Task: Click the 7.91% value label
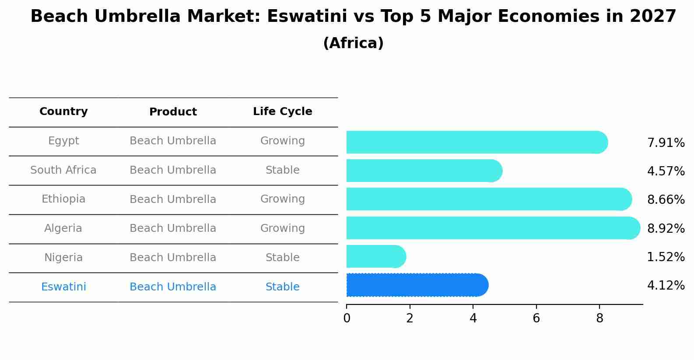point(666,143)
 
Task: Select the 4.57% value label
point(666,171)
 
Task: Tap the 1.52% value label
point(666,257)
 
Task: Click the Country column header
point(63,112)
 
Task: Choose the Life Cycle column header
point(282,112)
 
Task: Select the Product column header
point(173,112)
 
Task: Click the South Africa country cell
point(63,170)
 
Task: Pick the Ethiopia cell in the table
point(63,199)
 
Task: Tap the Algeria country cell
point(63,228)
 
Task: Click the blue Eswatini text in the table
point(63,287)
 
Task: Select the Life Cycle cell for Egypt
point(282,141)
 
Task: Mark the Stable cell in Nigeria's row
point(282,258)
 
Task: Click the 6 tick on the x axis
point(536,318)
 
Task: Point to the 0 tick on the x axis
point(347,318)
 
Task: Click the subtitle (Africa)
point(353,43)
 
